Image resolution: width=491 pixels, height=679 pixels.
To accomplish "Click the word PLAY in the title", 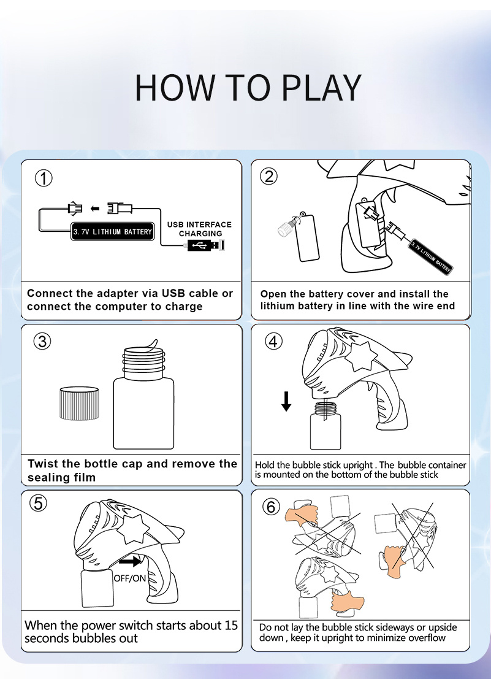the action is tap(321, 88).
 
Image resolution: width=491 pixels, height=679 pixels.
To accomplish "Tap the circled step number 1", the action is tap(44, 178).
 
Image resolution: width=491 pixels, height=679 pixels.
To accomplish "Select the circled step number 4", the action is tap(273, 342).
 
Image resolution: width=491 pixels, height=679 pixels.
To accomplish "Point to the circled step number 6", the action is tap(271, 506).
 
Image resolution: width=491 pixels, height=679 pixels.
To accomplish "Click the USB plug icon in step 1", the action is tap(206, 245).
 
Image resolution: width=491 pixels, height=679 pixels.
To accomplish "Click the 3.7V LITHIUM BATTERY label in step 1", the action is tap(112, 232).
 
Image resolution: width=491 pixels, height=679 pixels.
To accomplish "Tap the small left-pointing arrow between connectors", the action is tap(95, 209).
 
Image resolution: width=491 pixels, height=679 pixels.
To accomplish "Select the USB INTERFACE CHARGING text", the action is tap(199, 229).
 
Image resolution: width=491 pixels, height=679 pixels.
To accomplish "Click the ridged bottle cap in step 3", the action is tap(79, 404).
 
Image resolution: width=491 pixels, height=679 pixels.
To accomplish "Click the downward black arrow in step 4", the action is tap(286, 401).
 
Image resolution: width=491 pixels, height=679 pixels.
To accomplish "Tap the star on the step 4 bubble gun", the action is tap(361, 356).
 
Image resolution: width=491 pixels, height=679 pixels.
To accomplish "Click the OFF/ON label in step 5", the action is tap(130, 578).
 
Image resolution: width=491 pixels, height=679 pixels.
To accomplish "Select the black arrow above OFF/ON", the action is tap(130, 561).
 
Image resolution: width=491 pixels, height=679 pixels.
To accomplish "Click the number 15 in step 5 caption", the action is tap(231, 625).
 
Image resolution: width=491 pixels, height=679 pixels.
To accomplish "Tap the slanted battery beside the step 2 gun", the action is tap(431, 256).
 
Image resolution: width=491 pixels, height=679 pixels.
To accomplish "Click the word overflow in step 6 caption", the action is tap(425, 638).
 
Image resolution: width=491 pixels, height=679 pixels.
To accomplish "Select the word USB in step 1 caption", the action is tap(173, 293).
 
